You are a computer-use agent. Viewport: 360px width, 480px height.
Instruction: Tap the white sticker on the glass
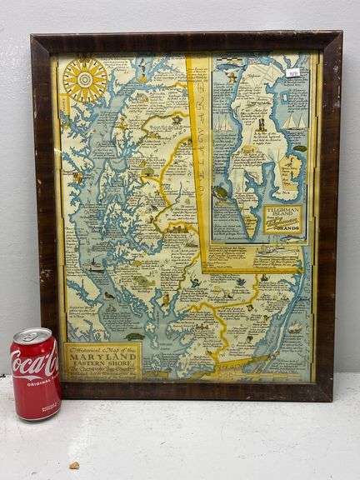[292, 72]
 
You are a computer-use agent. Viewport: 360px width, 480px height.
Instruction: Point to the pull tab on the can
[34, 335]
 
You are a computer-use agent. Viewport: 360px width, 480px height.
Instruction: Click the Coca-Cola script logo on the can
[35, 363]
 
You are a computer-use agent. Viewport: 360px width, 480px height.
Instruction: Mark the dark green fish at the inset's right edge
[300, 148]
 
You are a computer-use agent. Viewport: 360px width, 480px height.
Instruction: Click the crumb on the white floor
[74, 464]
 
